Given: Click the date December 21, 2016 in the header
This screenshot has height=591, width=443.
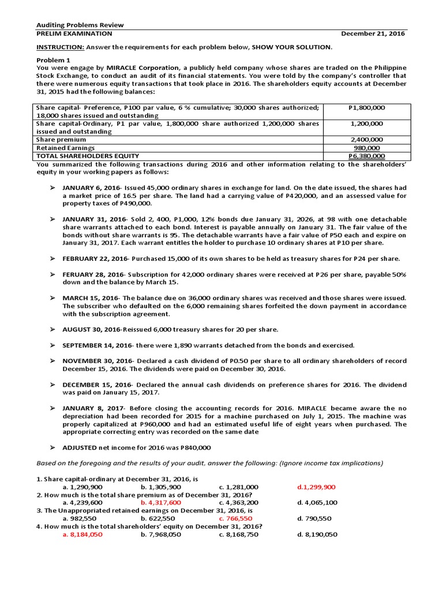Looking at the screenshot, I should point(371,33).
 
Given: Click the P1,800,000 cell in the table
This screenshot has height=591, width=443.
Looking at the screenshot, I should point(367,107).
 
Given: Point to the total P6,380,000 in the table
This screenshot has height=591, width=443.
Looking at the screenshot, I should point(367,156).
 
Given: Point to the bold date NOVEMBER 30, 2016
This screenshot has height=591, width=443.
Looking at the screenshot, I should point(96,360).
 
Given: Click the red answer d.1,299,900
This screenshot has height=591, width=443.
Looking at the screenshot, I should point(316,487).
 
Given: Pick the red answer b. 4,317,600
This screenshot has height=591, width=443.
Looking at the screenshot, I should point(161,502).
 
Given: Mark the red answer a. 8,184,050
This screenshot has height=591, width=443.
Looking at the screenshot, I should point(82,534).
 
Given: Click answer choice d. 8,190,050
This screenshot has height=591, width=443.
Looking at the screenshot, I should point(317,534).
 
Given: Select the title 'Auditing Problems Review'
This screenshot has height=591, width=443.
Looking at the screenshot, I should point(80,25).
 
